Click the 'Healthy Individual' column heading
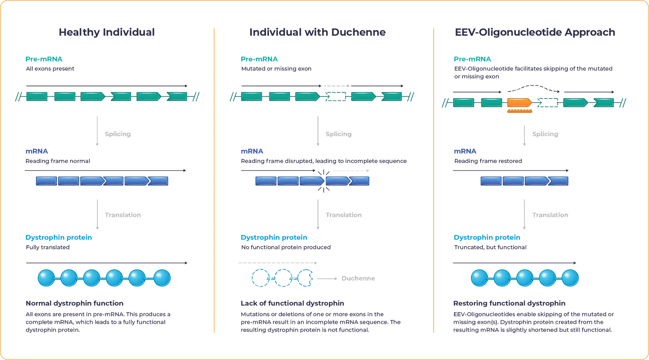(x=107, y=32)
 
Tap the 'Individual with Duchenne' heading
(x=317, y=32)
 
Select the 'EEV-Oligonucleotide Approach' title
(x=535, y=32)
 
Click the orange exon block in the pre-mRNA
(x=519, y=103)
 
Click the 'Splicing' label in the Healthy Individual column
(x=118, y=134)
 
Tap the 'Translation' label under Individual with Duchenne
(x=344, y=215)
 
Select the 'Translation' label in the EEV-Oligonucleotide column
(x=550, y=216)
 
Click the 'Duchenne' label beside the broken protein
(x=358, y=279)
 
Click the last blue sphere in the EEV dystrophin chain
(x=570, y=278)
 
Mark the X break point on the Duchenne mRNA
(x=323, y=181)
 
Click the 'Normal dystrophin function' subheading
(x=75, y=303)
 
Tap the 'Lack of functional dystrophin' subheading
(x=293, y=303)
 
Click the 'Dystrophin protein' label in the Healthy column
(x=59, y=238)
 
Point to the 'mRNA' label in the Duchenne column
(x=251, y=152)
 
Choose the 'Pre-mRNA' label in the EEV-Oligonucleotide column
(x=473, y=59)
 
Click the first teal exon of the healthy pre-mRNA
(x=37, y=96)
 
